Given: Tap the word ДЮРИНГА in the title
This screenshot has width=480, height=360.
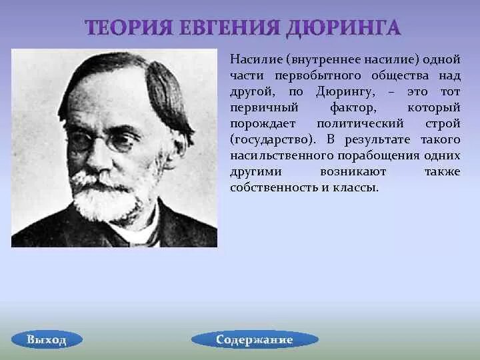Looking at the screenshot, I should tap(343, 28).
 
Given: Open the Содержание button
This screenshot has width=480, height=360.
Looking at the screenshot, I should tap(254, 340).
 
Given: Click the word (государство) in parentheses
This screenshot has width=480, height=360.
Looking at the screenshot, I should tap(273, 140).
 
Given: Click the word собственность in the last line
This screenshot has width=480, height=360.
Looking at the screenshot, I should tap(271, 188).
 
